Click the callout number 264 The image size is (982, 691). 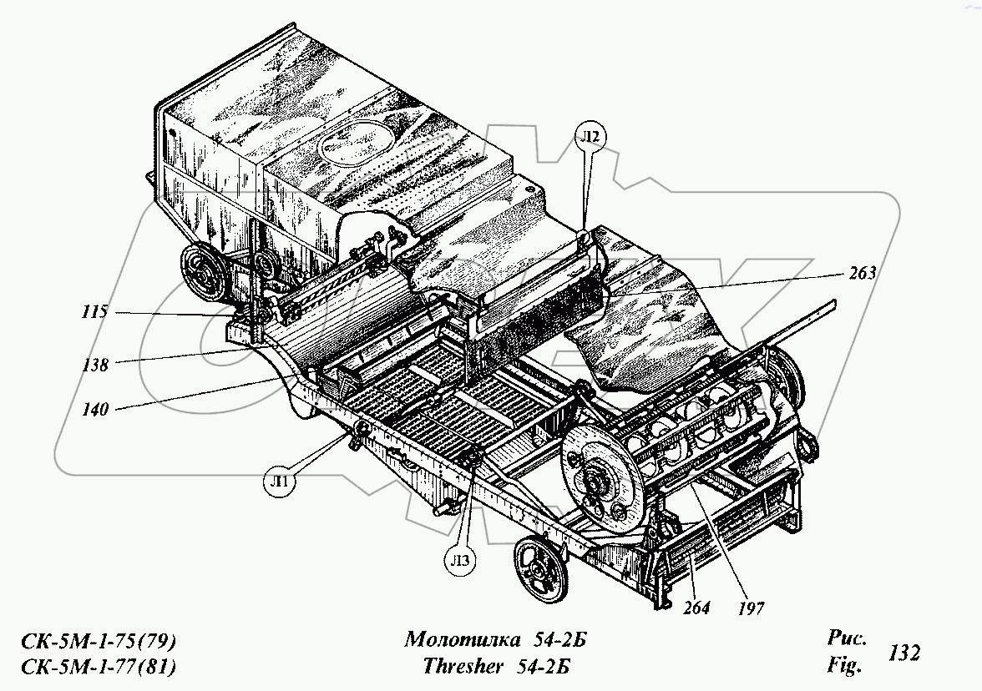(x=696, y=608)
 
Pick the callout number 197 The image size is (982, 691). (x=749, y=608)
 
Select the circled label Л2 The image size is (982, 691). (x=590, y=138)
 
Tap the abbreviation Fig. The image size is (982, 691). (x=844, y=666)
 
